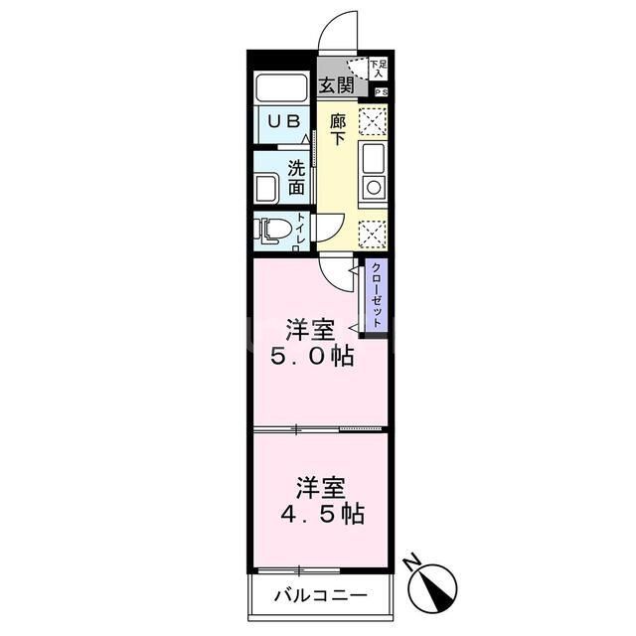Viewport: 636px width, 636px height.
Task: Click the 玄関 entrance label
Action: (337, 86)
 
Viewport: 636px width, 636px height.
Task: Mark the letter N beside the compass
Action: (412, 562)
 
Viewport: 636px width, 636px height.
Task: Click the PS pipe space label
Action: (381, 92)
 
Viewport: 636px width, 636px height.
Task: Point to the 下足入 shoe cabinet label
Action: (378, 68)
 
